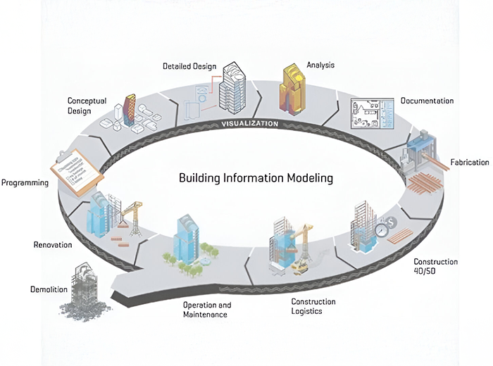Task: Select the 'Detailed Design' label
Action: click(x=189, y=66)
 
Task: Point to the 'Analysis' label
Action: click(x=320, y=65)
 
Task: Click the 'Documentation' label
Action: click(x=427, y=101)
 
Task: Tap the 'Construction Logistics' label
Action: click(x=313, y=306)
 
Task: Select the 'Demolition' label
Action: click(x=49, y=289)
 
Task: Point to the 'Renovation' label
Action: click(x=53, y=245)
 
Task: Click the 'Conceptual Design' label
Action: click(x=87, y=106)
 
